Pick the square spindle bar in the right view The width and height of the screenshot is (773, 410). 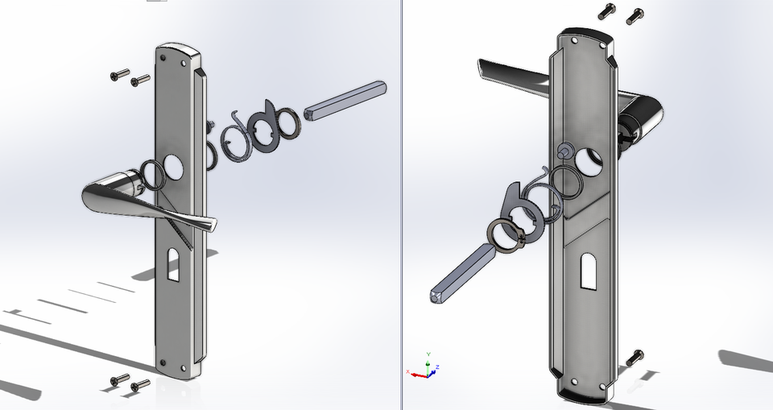point(461,270)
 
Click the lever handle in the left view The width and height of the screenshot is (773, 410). point(141,197)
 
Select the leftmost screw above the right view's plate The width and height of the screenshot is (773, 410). point(607,11)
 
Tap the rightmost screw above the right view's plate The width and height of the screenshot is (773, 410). point(634,14)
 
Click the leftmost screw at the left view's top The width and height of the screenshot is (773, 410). point(119,76)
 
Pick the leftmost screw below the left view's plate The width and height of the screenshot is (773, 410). point(119,379)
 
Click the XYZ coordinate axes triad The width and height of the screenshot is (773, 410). point(427,367)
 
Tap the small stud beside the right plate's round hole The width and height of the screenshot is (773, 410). point(565,149)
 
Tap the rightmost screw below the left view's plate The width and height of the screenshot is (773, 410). point(140,386)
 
